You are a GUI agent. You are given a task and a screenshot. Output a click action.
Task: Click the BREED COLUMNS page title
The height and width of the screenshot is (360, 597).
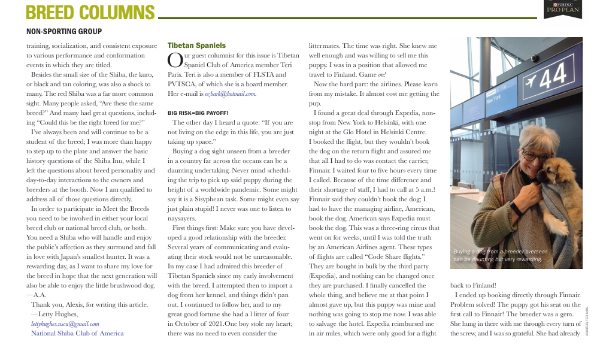coord(90,11)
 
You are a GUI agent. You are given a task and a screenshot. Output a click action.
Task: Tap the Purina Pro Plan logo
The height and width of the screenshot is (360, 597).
coord(563,9)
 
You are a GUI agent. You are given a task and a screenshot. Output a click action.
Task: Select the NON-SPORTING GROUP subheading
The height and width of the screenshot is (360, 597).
coord(64,32)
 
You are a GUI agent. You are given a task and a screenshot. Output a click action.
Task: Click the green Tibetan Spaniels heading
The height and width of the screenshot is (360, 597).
coord(196,46)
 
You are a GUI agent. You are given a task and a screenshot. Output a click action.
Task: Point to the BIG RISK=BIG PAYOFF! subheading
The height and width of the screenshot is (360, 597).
coord(198,113)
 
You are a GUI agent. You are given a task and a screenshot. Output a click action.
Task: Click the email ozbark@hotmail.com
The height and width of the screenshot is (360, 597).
coord(231,94)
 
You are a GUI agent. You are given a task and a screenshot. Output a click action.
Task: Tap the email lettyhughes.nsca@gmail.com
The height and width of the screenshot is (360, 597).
coord(68,323)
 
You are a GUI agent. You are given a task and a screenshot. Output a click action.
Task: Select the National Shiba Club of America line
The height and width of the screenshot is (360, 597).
coord(77,333)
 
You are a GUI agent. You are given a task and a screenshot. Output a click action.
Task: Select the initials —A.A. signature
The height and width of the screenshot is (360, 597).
coord(40,295)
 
